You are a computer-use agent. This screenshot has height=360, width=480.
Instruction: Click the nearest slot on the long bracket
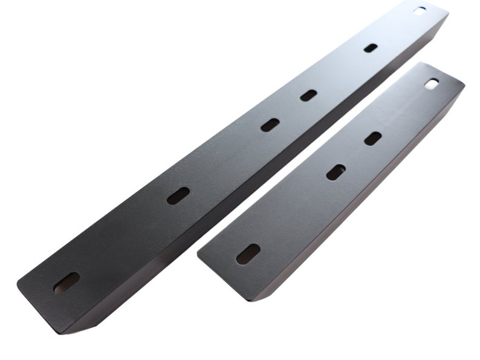(66, 283)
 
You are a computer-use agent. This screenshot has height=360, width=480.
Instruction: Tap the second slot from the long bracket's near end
(178, 195)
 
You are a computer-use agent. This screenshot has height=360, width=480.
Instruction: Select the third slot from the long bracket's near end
(270, 125)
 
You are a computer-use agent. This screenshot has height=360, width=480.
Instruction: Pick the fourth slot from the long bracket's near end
(308, 95)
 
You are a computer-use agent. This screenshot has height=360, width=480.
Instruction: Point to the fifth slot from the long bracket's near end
(371, 48)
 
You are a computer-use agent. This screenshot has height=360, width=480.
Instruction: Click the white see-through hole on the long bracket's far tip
(420, 10)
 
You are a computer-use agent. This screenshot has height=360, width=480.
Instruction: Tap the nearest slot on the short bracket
(248, 254)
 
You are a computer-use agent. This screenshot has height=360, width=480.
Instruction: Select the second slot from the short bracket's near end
(336, 172)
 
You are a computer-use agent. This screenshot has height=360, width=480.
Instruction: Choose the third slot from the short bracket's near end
(373, 139)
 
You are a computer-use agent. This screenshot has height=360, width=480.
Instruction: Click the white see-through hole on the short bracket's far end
(432, 84)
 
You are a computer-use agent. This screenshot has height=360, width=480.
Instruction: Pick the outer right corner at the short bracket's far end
(464, 83)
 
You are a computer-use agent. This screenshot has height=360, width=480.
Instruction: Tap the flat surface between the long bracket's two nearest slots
(121, 239)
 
